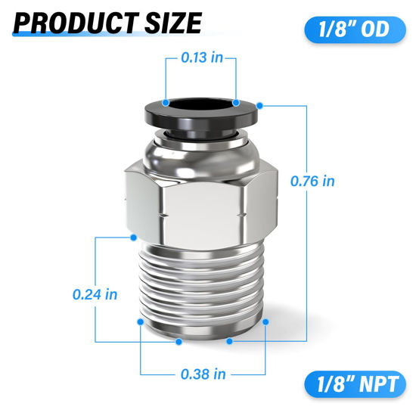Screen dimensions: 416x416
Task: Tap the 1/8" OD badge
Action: pos(351,32)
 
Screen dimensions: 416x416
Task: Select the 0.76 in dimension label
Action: pos(312,181)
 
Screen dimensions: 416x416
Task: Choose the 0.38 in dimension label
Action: pos(203,373)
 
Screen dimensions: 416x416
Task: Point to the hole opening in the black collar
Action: pos(200,104)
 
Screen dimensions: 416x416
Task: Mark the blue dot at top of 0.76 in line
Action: pos(259,103)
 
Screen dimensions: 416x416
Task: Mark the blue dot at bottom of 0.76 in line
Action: pos(231,342)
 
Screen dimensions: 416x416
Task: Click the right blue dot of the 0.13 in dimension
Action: pos(236,101)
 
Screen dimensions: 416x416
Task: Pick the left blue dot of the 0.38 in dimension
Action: pos(141,321)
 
